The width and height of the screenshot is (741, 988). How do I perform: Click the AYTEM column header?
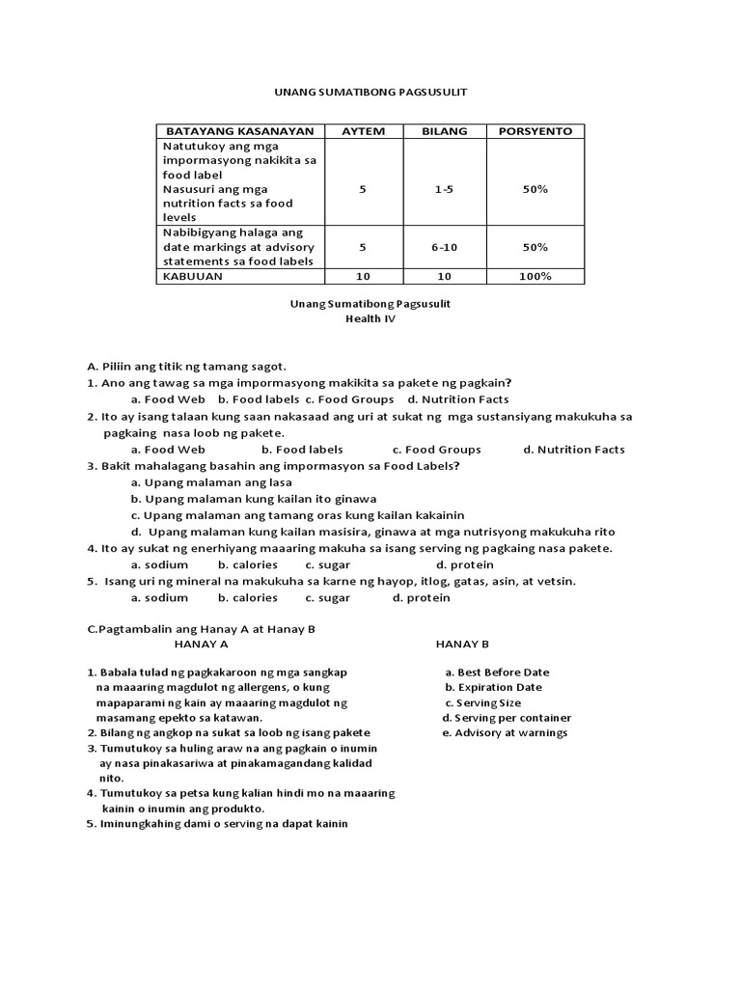pos(363,131)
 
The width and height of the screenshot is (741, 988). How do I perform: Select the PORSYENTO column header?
pos(535,131)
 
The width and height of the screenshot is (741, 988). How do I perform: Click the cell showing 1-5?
pos(444,190)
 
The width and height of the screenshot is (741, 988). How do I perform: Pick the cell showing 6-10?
pos(444,247)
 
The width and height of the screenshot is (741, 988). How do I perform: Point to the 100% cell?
pos(535,276)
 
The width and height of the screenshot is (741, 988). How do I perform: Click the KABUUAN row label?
pos(193,276)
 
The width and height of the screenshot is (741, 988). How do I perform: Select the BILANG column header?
pos(444,131)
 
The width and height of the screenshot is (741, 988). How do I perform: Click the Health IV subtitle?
pos(370,319)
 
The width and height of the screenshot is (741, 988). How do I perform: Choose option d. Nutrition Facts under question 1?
pos(458,399)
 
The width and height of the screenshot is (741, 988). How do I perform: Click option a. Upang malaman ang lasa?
pos(198,482)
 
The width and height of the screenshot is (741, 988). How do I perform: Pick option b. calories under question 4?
pos(248,564)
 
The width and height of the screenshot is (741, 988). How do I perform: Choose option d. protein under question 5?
pos(422,598)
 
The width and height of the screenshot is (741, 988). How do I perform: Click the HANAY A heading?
pos(201,644)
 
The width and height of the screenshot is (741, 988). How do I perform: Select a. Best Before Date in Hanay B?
pos(497,672)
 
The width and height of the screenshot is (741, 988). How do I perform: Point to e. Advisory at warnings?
pos(505,733)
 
